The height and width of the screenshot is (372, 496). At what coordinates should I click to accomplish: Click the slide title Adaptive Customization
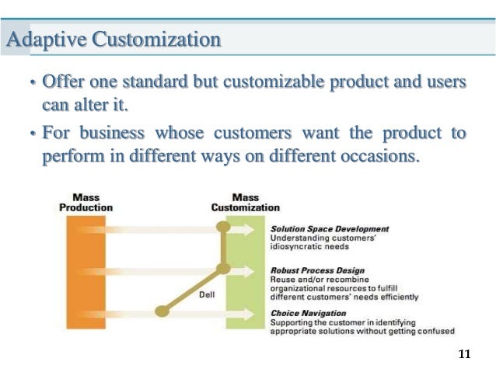[x=114, y=39]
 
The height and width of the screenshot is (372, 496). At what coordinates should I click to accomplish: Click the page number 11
[x=465, y=354]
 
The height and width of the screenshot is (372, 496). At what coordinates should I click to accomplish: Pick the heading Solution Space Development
[x=329, y=229]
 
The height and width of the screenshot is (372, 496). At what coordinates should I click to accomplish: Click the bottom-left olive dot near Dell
[x=162, y=311]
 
